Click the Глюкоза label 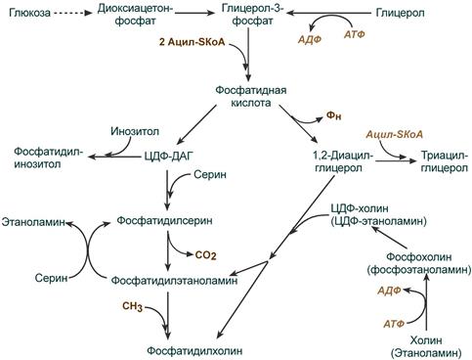[x=29, y=13]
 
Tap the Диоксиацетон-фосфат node [x=136, y=15]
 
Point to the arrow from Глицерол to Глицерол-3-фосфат [x=329, y=13]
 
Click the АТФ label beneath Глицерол [x=355, y=34]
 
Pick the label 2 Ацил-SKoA [x=193, y=42]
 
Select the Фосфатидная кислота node [x=251, y=96]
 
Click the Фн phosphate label [x=333, y=115]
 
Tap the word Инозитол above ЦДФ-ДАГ [x=135, y=131]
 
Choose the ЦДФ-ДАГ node [x=169, y=157]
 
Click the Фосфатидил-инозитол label [x=49, y=157]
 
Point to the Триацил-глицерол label [x=445, y=161]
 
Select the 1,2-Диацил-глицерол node [x=343, y=161]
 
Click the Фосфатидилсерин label [x=164, y=220]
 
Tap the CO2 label [x=205, y=255]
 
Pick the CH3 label [x=132, y=306]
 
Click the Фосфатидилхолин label [x=194, y=351]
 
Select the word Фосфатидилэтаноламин [x=175, y=280]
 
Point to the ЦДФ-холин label [x=360, y=208]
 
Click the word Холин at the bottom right [x=426, y=340]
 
